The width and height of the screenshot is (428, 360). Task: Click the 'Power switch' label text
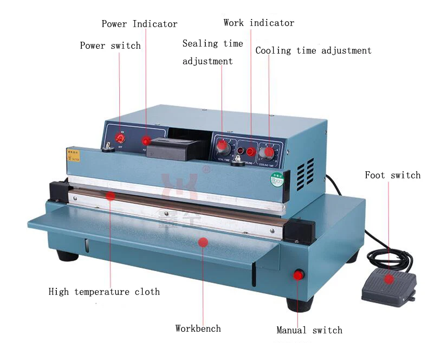click(x=110, y=46)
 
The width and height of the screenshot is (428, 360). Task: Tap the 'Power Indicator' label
click(x=139, y=24)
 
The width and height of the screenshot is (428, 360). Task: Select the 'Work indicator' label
click(x=258, y=23)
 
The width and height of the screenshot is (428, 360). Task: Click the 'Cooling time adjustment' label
click(x=313, y=50)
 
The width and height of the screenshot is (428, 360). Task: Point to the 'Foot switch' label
click(x=392, y=175)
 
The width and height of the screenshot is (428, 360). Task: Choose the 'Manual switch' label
click(x=309, y=330)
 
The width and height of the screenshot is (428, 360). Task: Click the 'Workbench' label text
click(x=198, y=328)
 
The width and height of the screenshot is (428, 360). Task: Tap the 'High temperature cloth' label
click(x=104, y=292)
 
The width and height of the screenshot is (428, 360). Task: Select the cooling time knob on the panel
click(x=269, y=151)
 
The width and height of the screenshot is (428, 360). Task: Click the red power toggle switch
click(x=120, y=139)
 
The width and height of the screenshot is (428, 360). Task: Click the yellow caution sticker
click(x=73, y=156)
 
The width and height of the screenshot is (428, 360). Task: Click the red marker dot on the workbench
click(x=203, y=242)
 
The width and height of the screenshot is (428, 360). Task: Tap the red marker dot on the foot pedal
click(x=388, y=279)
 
